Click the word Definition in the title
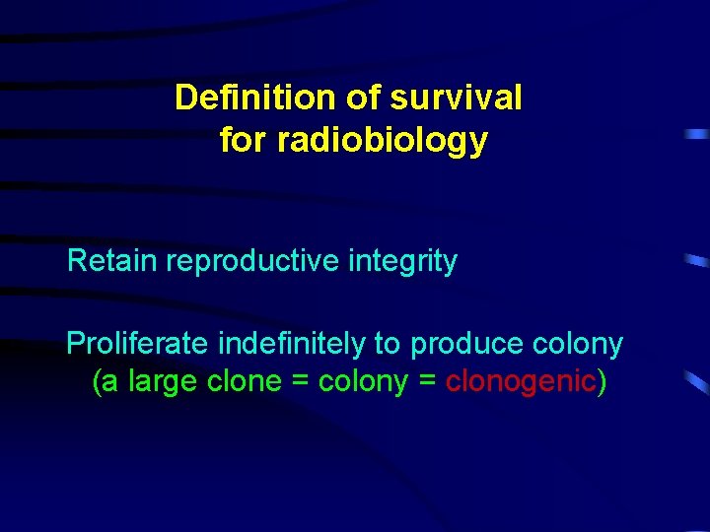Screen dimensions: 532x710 coord(256,98)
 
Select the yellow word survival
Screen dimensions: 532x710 coord(457,98)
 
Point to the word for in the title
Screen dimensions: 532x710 coord(244,141)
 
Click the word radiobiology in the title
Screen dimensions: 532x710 coord(383,141)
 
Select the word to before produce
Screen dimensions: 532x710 coord(387,344)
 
